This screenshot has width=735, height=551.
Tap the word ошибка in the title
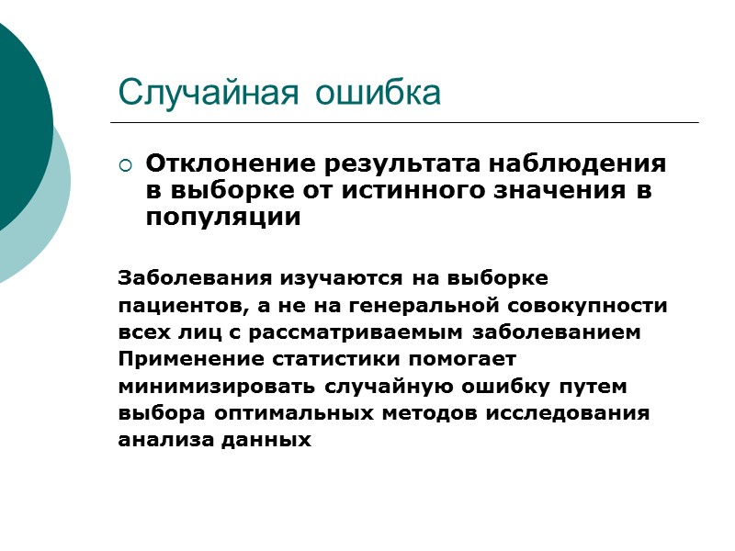coord(378,92)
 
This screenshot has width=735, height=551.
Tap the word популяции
coord(223,219)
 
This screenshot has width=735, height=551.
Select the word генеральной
coord(408,304)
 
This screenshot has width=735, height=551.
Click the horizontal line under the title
coord(404,123)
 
